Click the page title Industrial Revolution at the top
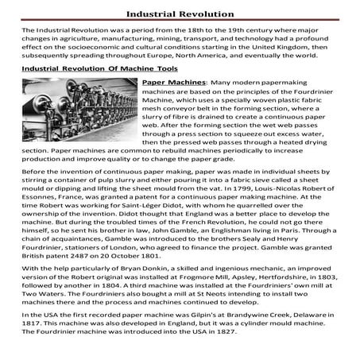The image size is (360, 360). (x=180, y=13)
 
